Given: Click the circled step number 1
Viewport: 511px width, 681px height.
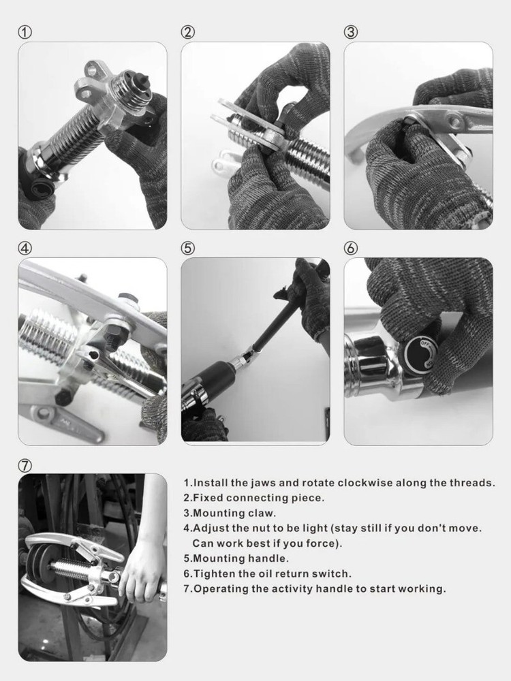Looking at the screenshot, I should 25,32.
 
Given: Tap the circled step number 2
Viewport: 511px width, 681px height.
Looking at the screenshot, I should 188,32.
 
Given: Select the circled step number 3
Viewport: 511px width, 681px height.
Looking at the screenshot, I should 351,32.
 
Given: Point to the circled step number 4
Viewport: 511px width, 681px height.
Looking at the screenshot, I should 25,249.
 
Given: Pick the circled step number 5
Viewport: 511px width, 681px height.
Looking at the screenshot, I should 188,249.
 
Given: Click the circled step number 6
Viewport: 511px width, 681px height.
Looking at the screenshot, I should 351,249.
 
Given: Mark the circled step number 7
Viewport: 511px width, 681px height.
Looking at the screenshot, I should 25,466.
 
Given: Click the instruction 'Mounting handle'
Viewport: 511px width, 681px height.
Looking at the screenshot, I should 236,558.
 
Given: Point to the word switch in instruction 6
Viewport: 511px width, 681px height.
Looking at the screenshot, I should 334,574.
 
